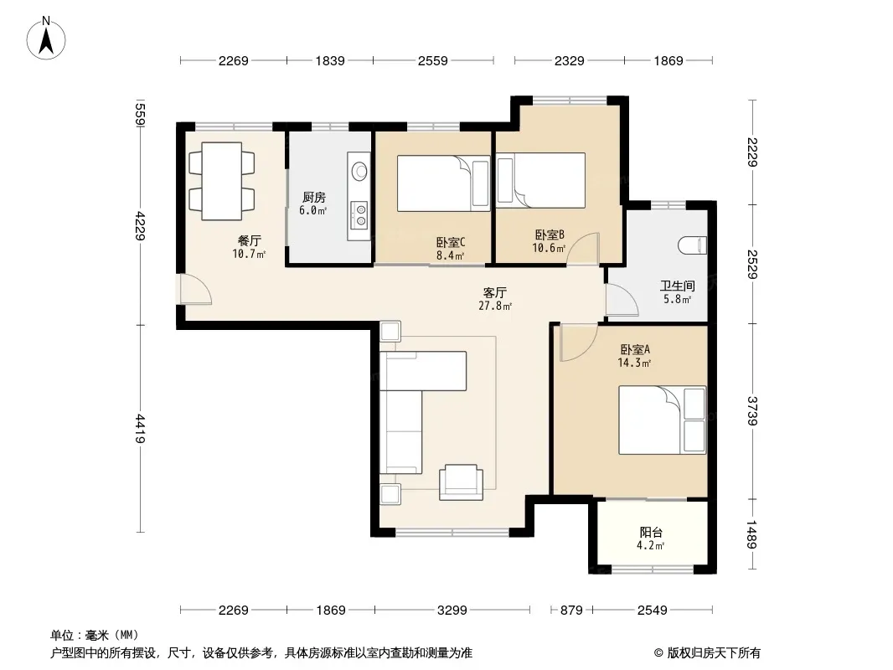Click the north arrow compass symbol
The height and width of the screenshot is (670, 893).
(x=46, y=39)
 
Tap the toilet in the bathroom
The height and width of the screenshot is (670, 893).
(x=693, y=245)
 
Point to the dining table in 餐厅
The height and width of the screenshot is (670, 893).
(x=221, y=181)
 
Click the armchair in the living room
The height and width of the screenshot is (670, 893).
(x=461, y=482)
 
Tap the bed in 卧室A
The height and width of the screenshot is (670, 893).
(x=663, y=420)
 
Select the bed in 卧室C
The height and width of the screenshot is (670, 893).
(x=444, y=183)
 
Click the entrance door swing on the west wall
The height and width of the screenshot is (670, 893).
(x=196, y=289)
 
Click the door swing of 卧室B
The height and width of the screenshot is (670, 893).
(x=583, y=249)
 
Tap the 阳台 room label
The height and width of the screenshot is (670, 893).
(x=651, y=533)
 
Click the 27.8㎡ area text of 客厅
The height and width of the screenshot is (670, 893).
(x=495, y=307)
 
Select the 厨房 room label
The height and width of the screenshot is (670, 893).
(x=314, y=197)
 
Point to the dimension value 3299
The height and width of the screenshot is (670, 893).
(x=452, y=611)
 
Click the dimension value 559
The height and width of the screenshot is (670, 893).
(x=141, y=115)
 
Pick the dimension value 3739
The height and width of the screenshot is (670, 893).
(x=752, y=410)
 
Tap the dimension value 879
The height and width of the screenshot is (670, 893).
(x=571, y=611)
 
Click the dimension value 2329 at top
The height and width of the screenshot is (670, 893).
(x=570, y=60)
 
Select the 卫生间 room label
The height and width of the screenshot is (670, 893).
(x=677, y=286)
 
